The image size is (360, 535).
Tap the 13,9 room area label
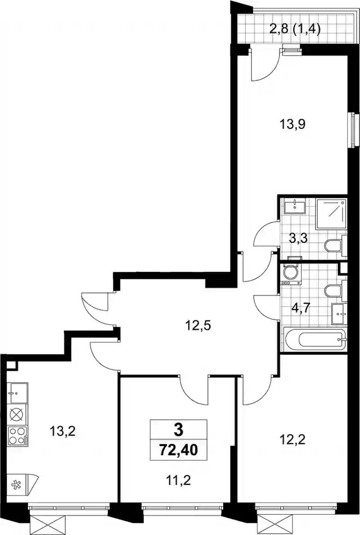click(293, 124)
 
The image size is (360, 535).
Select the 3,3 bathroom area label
click(298, 238)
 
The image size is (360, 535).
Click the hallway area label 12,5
click(198, 325)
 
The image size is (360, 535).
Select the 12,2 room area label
click(292, 440)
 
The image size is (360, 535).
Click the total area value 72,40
click(179, 450)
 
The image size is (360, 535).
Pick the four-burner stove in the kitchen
click(18, 436)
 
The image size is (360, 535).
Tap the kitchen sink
click(18, 393)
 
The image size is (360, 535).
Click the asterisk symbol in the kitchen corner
click(15, 485)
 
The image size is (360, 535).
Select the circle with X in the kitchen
click(17, 415)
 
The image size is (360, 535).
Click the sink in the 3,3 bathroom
click(294, 205)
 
